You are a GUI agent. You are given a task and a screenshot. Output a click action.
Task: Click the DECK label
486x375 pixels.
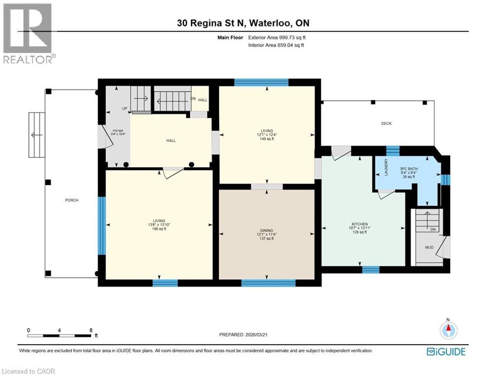(x=387, y=124)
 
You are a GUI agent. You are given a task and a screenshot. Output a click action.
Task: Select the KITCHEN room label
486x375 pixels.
(x=361, y=224)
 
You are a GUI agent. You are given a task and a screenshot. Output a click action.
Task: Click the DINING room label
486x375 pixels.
(x=267, y=230)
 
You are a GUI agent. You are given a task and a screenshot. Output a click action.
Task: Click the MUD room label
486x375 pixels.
(x=429, y=248)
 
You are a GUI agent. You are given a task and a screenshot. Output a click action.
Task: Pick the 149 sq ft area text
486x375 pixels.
(x=267, y=139)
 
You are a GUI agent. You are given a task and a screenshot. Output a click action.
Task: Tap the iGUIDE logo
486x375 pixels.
(x=445, y=352)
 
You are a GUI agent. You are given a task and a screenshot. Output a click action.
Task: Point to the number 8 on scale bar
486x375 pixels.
(x=91, y=330)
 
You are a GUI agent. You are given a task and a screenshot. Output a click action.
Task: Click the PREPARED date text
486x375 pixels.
(x=243, y=334)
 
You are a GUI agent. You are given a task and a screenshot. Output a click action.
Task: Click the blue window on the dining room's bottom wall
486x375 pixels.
(x=268, y=283)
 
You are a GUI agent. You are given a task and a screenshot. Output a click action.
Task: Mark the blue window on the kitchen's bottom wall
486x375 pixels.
(x=370, y=269)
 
